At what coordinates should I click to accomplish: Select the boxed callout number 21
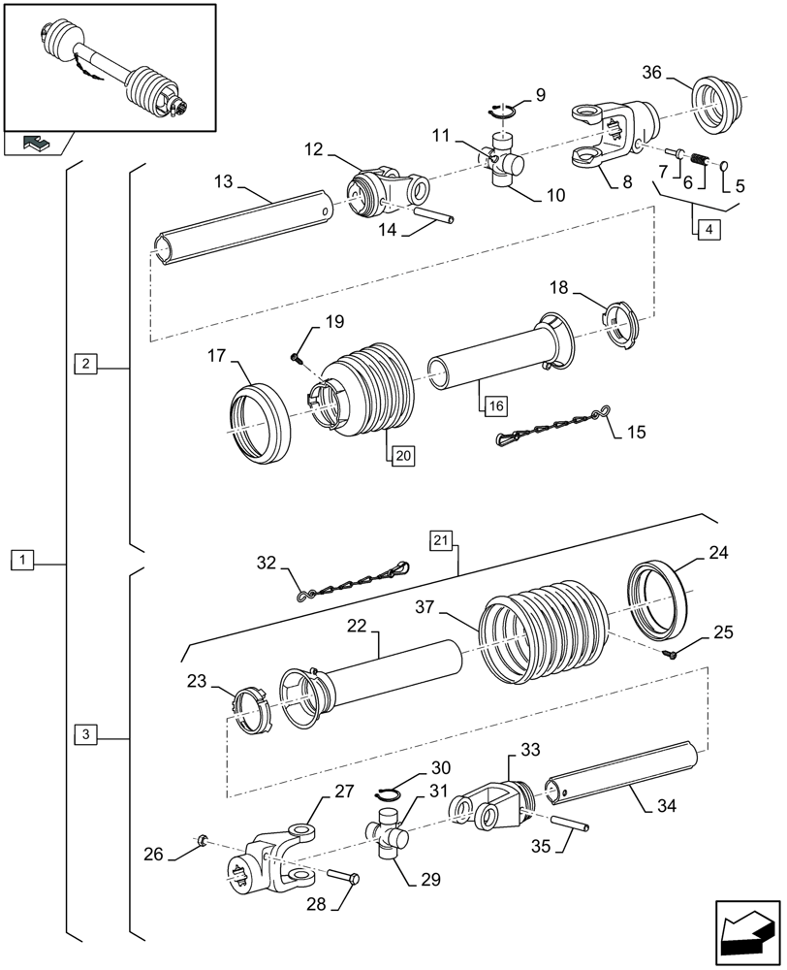442,539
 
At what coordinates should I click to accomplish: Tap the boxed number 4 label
707,230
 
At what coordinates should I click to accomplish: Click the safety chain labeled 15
549,426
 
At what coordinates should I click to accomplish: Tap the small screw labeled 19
297,359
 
